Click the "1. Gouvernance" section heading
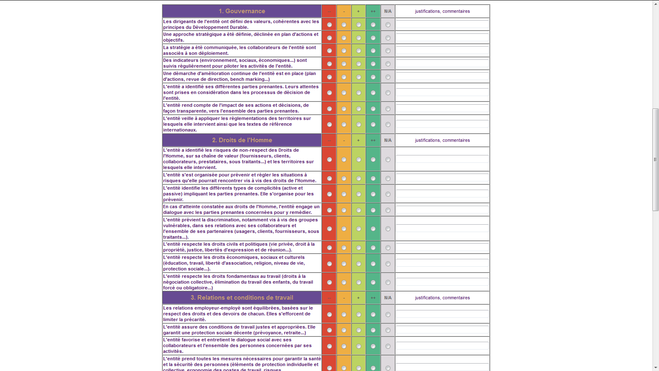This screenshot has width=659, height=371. click(x=242, y=11)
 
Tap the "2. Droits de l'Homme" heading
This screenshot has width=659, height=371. click(x=242, y=140)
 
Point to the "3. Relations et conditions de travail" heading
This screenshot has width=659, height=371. click(x=242, y=298)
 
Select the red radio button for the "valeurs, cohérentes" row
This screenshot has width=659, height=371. click(x=329, y=25)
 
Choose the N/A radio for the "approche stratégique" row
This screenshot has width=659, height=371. click(x=388, y=38)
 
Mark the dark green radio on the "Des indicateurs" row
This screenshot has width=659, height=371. click(x=373, y=64)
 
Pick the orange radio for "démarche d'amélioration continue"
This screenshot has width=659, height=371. click(x=344, y=77)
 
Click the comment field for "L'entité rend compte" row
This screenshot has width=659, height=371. click(x=442, y=108)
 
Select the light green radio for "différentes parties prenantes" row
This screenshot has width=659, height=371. click(x=359, y=93)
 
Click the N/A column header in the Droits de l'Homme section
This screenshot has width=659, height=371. click(x=388, y=140)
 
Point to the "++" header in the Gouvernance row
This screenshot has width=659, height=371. click(x=373, y=11)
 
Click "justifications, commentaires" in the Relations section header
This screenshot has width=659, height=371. click(x=442, y=298)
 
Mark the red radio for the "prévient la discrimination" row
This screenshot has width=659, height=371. click(x=329, y=229)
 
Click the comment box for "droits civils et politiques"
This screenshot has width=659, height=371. click(x=442, y=247)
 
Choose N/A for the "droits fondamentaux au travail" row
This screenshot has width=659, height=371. click(x=388, y=282)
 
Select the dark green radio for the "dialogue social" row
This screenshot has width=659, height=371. click(x=373, y=346)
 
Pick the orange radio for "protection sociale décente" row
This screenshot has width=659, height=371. click(x=344, y=330)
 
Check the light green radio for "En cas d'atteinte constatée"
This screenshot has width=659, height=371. click(x=359, y=210)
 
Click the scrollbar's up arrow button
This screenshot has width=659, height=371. click(x=655, y=4)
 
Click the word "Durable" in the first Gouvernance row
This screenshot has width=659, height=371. click(x=238, y=28)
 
